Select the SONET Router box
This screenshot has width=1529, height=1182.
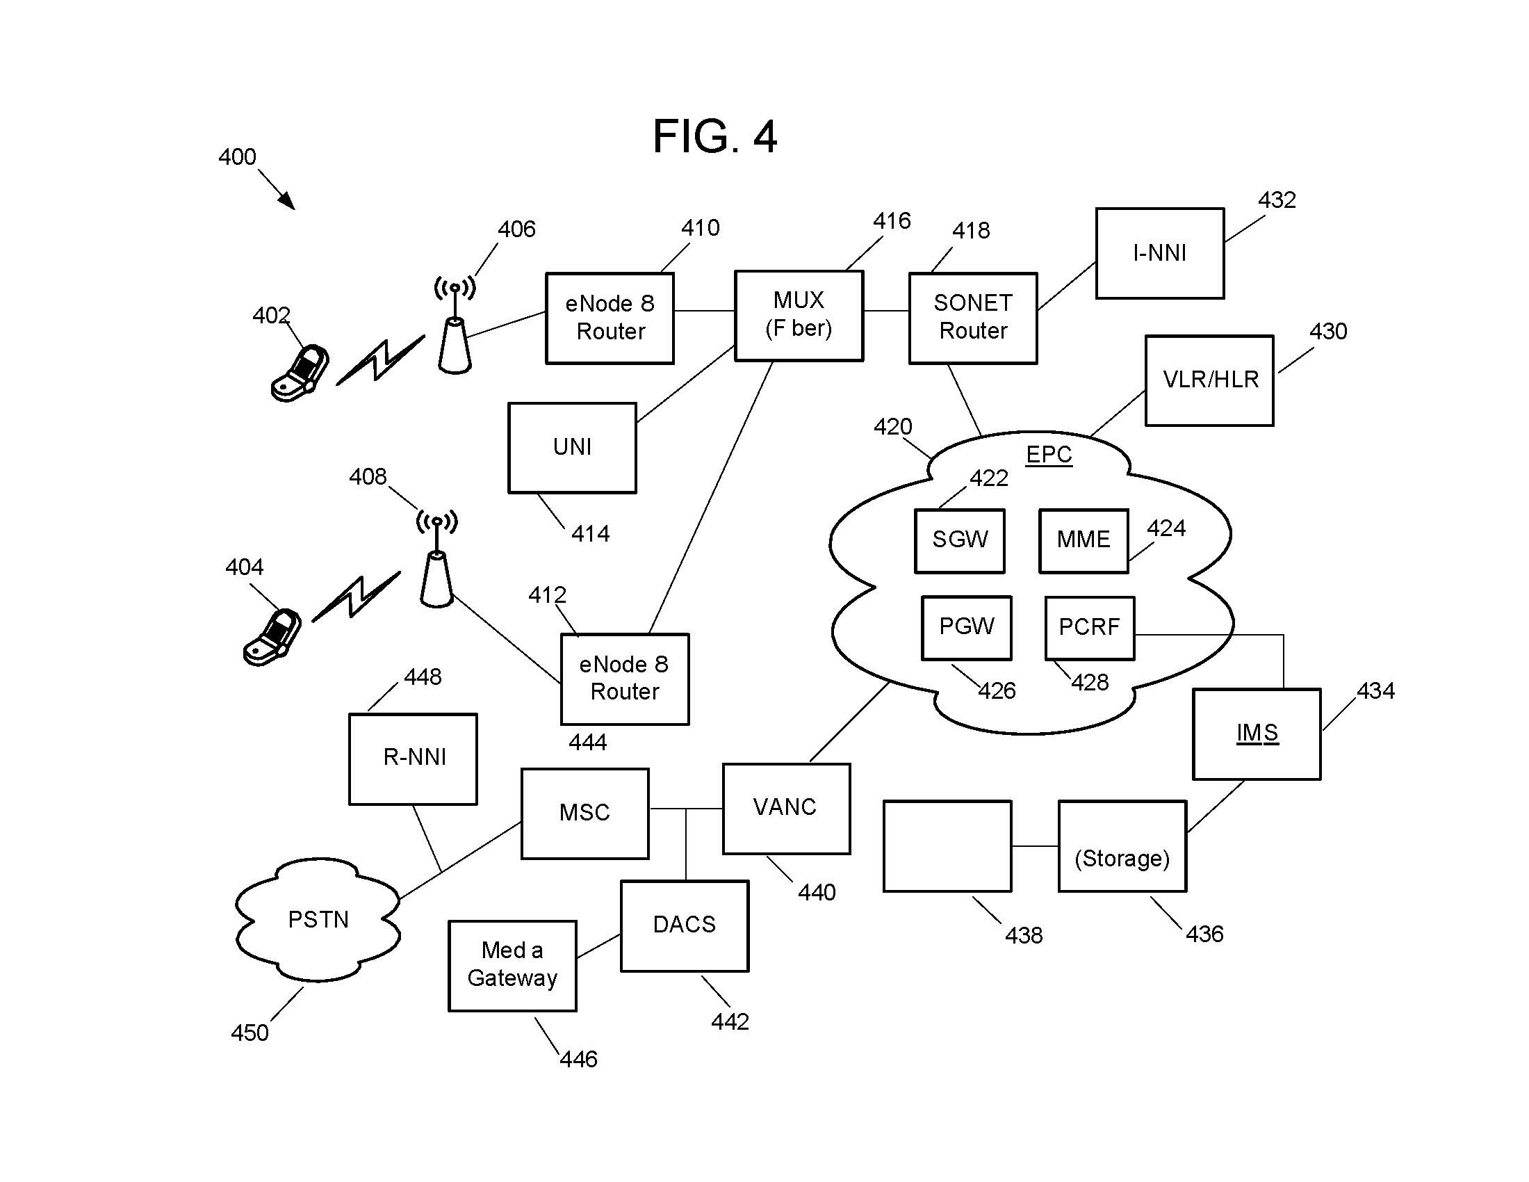(x=972, y=318)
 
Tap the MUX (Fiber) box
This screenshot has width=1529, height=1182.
(x=798, y=315)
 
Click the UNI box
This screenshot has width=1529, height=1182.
(x=572, y=448)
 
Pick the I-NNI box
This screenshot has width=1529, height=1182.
(x=1159, y=253)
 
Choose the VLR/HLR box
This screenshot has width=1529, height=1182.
(x=1209, y=380)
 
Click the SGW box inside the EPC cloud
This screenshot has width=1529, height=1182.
(x=959, y=540)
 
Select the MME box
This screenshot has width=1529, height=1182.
(x=1083, y=540)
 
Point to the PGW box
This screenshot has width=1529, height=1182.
(x=966, y=627)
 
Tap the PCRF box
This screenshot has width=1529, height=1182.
(x=1089, y=627)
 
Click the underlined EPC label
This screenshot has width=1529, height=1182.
(x=1049, y=455)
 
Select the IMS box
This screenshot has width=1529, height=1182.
(x=1257, y=734)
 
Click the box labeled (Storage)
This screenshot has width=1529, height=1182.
(x=1122, y=846)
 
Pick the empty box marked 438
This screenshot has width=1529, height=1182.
(x=947, y=846)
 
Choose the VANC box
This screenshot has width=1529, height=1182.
(x=786, y=808)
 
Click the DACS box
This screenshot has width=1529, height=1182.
(x=684, y=925)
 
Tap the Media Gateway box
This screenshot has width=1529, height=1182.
(x=512, y=965)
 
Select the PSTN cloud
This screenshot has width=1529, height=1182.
(x=318, y=919)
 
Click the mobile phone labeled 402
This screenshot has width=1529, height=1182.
(x=300, y=373)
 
